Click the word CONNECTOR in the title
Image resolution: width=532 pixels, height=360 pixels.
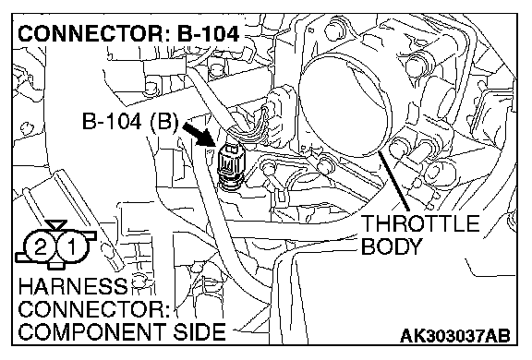click(91, 34)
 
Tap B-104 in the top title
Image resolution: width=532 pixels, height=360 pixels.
click(209, 34)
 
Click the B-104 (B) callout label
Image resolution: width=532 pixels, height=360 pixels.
click(130, 120)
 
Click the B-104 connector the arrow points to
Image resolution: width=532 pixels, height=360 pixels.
click(230, 164)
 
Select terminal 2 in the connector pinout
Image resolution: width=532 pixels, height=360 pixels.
click(41, 246)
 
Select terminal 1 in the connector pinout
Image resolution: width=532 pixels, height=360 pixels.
click(72, 246)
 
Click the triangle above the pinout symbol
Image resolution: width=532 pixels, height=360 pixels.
click(56, 224)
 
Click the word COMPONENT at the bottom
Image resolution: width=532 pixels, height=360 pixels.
click(92, 331)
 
